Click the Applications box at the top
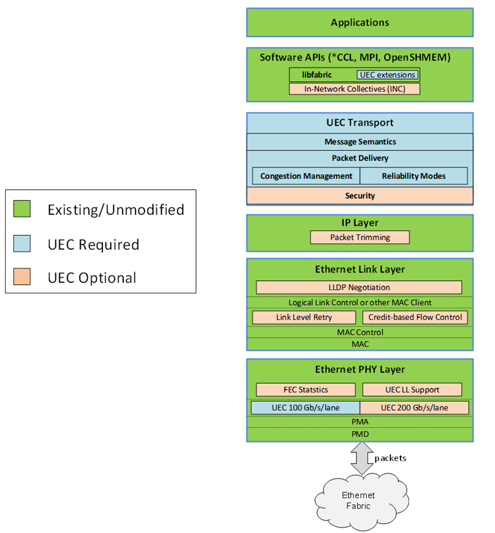coord(360,22)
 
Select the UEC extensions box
coord(387,75)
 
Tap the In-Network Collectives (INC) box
coord(354,89)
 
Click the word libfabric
coord(317,75)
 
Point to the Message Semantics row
coord(360,142)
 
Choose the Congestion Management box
coord(306,176)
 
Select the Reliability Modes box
coord(413,176)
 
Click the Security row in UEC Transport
coord(360,196)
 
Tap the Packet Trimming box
coord(360,238)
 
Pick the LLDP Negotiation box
coord(359,288)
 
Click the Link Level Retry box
coord(304,317)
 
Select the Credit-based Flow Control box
coord(415,317)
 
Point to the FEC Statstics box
coord(305,389)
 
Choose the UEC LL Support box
coord(412,389)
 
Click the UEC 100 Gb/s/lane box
coord(305,408)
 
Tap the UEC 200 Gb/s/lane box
coord(414,408)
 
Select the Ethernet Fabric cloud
coord(359,500)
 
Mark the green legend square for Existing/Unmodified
coord(22,209)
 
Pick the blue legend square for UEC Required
coord(22,243)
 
